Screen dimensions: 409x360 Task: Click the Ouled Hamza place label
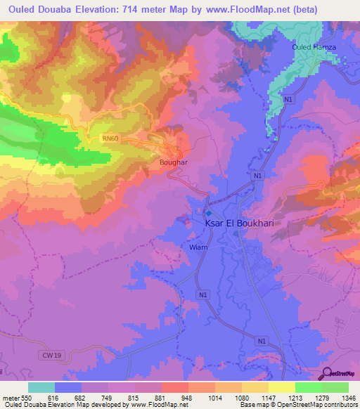click(x=314, y=47)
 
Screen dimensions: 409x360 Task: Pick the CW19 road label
click(x=50, y=356)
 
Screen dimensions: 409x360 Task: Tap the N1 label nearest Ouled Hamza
click(x=288, y=100)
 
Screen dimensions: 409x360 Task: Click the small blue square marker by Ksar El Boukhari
click(x=209, y=212)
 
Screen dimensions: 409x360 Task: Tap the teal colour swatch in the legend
click(x=41, y=387)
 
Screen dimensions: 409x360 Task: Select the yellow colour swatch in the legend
click(x=281, y=387)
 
